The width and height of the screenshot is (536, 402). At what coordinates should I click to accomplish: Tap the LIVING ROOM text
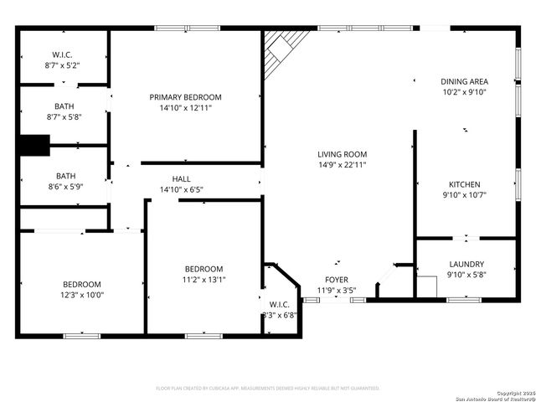342,154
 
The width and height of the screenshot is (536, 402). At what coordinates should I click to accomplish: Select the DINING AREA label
464,82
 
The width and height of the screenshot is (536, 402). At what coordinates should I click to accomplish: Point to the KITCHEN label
464,184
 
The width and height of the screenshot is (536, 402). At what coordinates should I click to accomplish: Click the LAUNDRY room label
466,264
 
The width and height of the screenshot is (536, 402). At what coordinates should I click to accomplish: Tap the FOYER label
337,280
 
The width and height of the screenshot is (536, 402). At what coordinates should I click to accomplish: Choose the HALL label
181,179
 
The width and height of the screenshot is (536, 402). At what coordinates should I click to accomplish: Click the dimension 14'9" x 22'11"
342,165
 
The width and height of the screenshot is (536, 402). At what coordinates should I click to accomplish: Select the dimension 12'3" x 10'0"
82,295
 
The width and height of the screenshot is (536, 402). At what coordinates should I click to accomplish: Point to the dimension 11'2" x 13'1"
204,280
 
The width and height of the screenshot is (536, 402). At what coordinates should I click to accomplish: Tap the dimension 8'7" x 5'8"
64,117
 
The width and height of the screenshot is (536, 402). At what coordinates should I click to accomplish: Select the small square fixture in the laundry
427,286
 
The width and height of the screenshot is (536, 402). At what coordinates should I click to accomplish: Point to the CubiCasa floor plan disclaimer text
268,389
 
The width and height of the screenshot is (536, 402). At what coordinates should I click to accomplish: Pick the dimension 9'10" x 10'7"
464,195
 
